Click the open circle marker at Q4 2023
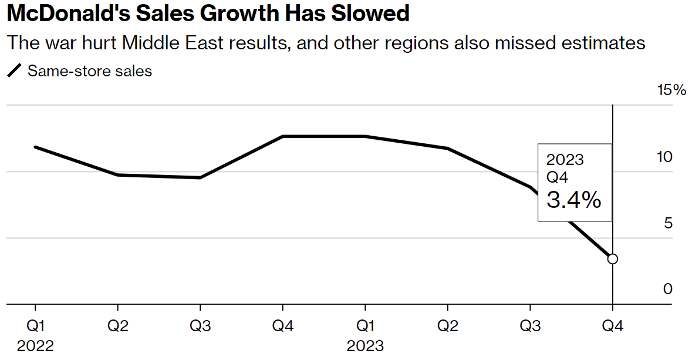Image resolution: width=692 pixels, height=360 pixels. tap(612, 259)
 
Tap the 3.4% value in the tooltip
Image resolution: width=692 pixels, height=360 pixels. tap(573, 200)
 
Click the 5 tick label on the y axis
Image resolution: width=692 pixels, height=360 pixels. tap(668, 224)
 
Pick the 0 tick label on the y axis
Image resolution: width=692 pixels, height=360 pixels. tap(668, 290)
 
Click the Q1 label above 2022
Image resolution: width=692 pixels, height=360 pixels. tap(35, 327)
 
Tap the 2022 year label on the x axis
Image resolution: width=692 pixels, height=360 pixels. tap(35, 346)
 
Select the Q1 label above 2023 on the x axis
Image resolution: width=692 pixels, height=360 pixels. tap(365, 327)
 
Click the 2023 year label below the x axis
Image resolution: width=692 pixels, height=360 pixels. tap(365, 346)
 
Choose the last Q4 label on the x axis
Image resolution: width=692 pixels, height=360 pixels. tap(612, 327)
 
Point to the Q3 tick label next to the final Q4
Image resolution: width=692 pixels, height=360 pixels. tap(530, 327)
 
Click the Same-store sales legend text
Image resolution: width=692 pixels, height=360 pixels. tap(90, 72)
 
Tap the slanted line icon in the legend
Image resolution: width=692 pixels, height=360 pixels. tap(14, 72)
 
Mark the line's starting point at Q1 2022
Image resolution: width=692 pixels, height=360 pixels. tap(35, 147)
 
